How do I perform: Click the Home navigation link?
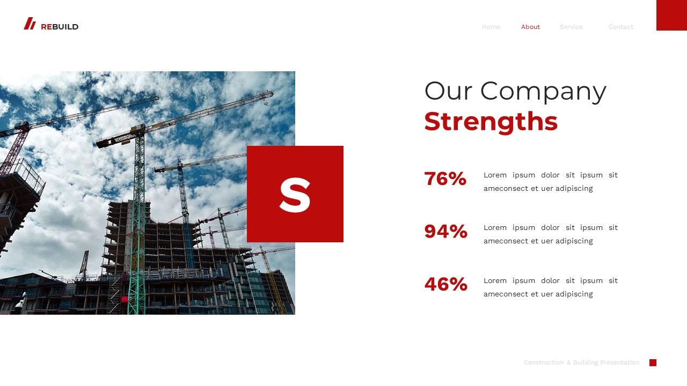(491, 27)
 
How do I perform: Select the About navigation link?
(530, 27)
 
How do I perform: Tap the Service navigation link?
(571, 27)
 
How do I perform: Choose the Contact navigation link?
(620, 27)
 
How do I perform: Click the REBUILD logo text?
(60, 27)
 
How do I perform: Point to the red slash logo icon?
(30, 24)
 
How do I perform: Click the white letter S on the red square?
(295, 195)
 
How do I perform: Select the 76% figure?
(445, 179)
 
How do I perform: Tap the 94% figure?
(445, 232)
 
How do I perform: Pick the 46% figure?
(445, 284)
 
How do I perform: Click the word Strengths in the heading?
(491, 121)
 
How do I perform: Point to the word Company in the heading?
(543, 91)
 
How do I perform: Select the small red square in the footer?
(653, 363)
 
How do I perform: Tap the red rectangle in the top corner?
(671, 15)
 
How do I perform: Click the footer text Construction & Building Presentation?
(581, 363)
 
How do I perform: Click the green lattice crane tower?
(137, 225)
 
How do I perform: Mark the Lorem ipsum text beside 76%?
(550, 182)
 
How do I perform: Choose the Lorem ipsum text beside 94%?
(550, 234)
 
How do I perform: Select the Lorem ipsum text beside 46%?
(550, 287)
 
